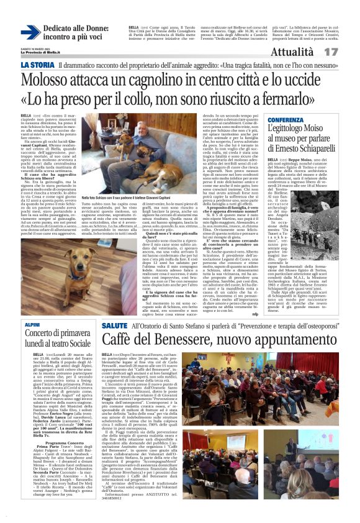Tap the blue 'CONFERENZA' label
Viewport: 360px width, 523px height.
286,119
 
